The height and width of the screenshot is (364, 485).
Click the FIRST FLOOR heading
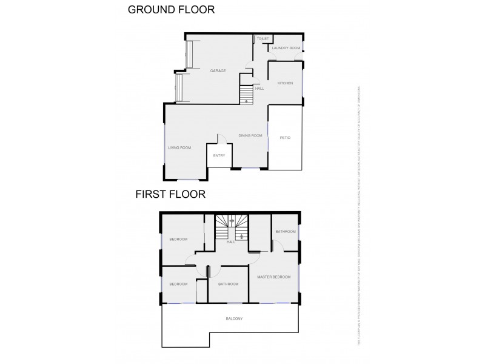pos(170,195)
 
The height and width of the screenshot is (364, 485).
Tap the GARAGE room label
pos(218,71)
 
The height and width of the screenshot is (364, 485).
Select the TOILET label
pos(263,39)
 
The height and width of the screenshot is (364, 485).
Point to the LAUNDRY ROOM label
pos(286,48)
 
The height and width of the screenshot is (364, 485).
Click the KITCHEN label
pos(285,83)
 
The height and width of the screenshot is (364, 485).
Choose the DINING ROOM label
pos(250,135)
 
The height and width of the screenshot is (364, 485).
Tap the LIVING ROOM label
pos(179,147)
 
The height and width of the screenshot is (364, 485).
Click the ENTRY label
pos(219,156)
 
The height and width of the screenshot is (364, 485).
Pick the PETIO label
pos(285,138)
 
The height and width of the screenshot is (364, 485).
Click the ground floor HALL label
pos(259,89)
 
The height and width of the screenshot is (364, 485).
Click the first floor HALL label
pos(231,241)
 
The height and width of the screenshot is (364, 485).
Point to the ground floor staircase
pos(246,95)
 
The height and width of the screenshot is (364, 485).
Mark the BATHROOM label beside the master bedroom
pos(285,232)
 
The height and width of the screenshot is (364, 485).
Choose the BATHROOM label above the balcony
pos(228,284)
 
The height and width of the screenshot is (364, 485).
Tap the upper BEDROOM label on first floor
pos(178,239)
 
